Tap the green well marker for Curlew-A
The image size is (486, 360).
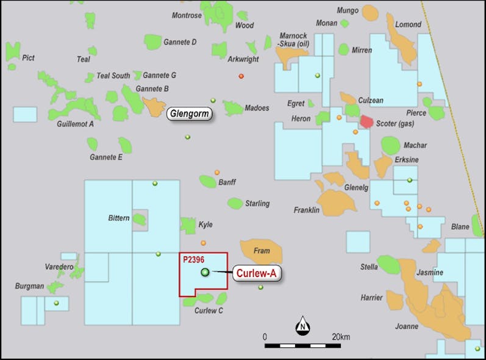[205, 272]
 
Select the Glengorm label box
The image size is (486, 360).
[189, 113]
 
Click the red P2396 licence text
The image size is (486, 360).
[193, 259]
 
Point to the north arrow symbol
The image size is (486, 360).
[302, 326]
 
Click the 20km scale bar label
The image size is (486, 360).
[341, 337]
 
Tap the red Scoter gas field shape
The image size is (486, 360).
[366, 121]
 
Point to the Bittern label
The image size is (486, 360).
[118, 218]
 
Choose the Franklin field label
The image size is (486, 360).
[307, 210]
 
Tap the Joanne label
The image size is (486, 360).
[407, 326]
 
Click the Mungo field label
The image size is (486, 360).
[348, 10]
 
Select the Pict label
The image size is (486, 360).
[28, 58]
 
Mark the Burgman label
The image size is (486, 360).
[29, 286]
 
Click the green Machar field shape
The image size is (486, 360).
[390, 145]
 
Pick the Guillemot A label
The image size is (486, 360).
[75, 124]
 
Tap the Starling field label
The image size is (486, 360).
[257, 203]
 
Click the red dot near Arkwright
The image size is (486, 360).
[241, 76]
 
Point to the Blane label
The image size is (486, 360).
[460, 227]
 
